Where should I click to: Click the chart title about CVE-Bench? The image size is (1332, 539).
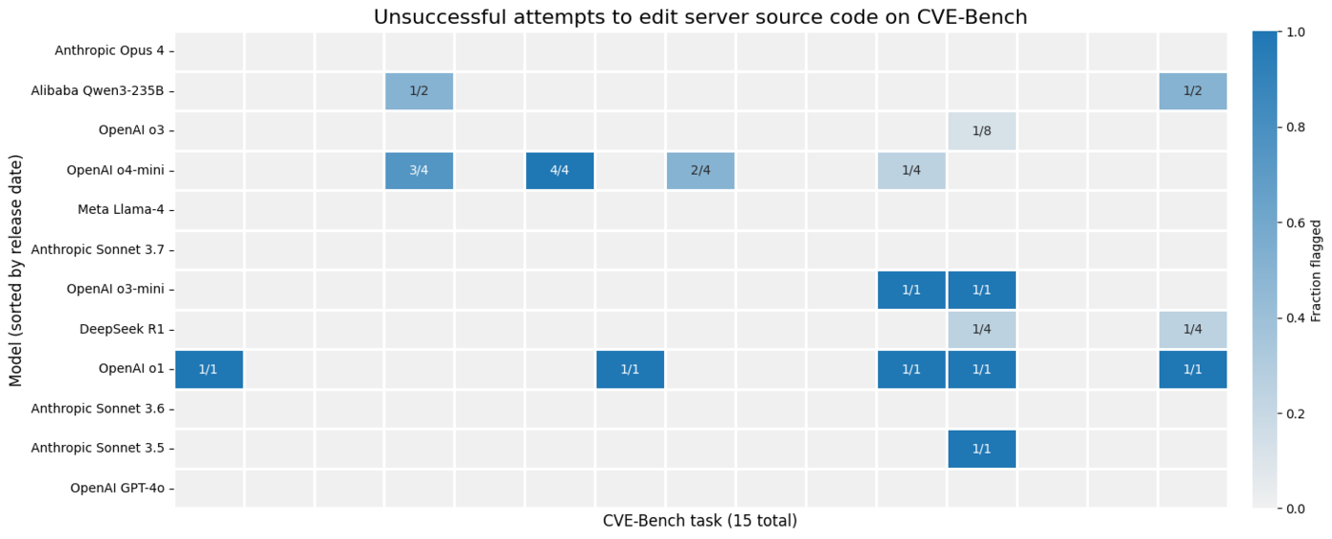700,17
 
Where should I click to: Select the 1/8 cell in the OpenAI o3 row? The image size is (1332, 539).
982,131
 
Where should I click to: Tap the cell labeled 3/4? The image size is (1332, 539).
419,171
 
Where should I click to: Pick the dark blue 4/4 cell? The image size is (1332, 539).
559,171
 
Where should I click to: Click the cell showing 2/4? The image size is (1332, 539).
700,171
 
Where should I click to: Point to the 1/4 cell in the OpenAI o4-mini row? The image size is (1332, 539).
911,171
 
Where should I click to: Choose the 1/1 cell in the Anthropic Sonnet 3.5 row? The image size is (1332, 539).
982,449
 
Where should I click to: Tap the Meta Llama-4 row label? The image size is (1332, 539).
121,210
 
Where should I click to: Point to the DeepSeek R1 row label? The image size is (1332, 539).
124,329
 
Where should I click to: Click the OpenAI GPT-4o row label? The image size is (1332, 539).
117,489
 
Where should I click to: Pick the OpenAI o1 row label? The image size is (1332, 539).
131,369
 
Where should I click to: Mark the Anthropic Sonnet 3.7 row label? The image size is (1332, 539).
98,250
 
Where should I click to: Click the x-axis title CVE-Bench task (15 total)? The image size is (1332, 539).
700,521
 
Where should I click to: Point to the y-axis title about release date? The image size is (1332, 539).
16,270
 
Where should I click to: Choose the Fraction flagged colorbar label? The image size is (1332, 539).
1317,270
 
